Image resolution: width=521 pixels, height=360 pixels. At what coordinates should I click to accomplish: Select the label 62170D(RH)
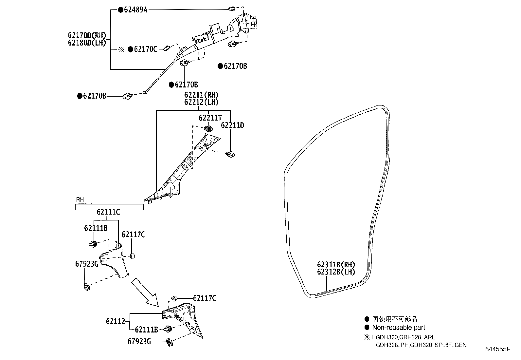coord(87,35)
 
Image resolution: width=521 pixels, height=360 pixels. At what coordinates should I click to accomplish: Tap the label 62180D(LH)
coord(87,43)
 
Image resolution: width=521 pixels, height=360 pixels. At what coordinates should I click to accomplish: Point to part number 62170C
coord(146,49)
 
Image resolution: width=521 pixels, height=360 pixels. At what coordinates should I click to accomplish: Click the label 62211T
coord(210,117)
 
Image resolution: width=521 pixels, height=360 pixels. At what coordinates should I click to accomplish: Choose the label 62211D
coord(232,125)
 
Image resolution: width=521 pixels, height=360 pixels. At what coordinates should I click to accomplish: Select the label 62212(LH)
coord(201,102)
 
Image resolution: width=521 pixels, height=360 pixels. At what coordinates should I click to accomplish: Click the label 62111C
coord(108,212)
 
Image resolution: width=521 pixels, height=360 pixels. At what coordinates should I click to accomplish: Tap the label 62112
coord(116,321)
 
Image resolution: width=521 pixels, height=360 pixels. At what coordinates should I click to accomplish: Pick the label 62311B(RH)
coord(336,265)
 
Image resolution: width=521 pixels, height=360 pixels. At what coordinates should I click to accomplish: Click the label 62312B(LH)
coord(336,272)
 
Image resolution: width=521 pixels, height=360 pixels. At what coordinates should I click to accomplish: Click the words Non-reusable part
coord(399,327)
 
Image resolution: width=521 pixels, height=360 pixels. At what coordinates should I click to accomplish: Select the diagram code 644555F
coord(498,350)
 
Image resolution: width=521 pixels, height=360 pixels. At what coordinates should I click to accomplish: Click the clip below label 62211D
coord(231,154)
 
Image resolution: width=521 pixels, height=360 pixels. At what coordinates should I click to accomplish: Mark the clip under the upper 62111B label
coord(93,244)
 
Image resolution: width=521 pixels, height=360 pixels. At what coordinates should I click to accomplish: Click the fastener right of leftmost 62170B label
coord(127,96)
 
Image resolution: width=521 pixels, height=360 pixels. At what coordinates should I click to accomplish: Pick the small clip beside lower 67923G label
coord(170,342)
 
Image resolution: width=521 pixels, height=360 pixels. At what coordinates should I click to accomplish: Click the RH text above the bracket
coord(80,199)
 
